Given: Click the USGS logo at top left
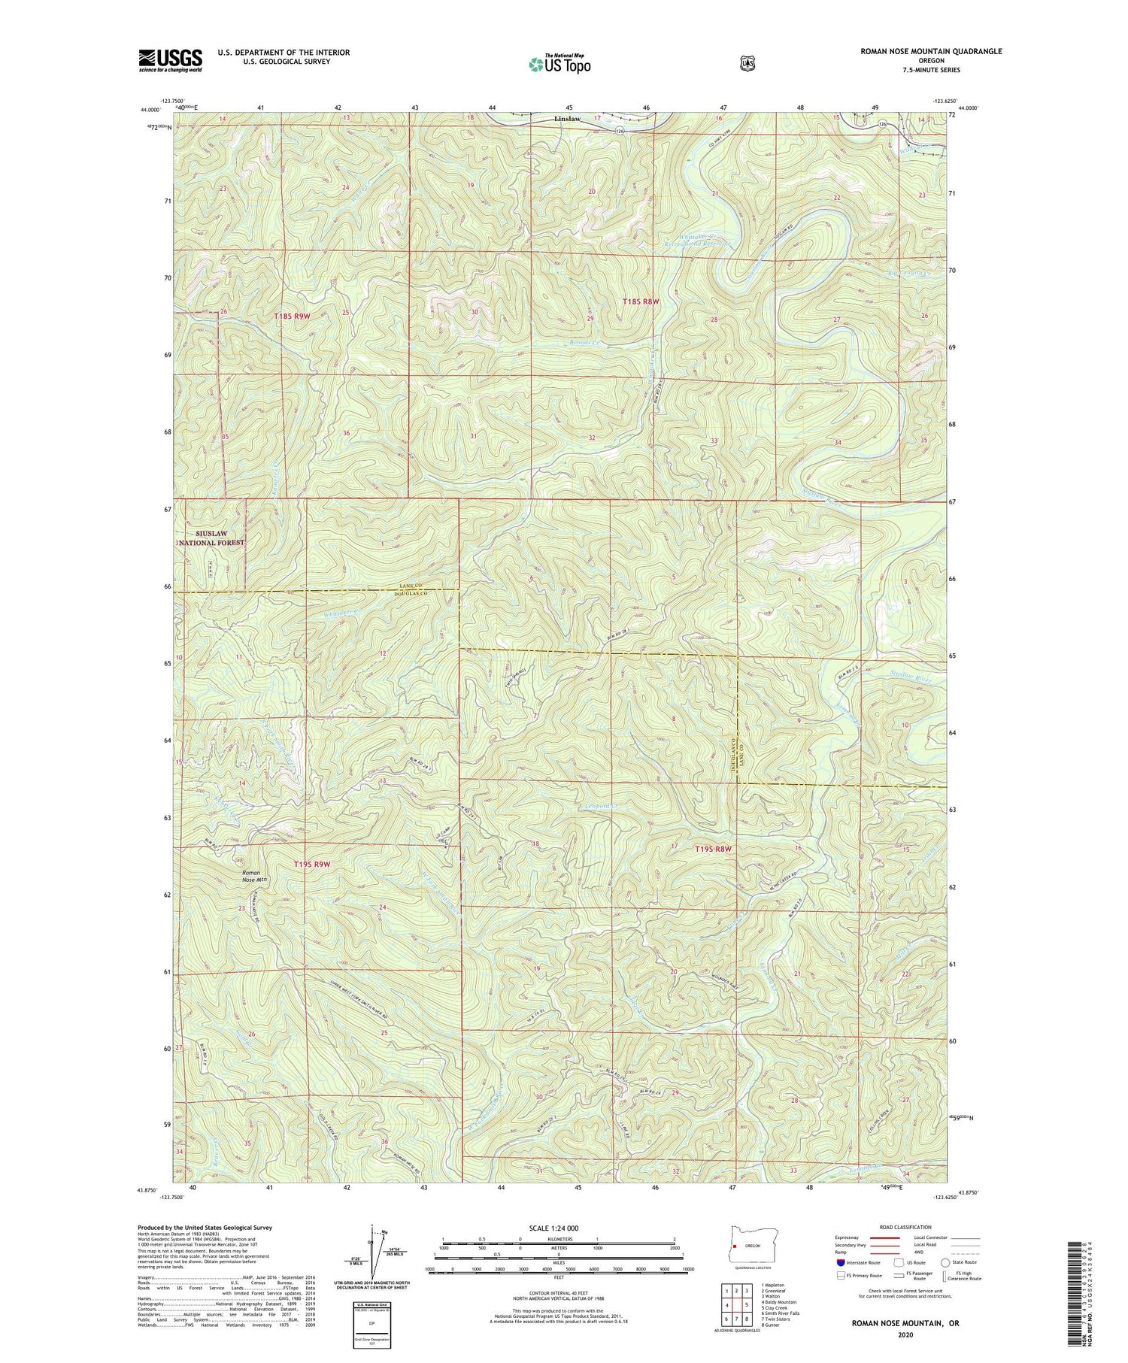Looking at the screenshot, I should [x=170, y=60].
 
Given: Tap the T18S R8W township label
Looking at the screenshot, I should [x=641, y=301].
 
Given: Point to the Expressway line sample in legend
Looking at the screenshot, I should [x=884, y=1237].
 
